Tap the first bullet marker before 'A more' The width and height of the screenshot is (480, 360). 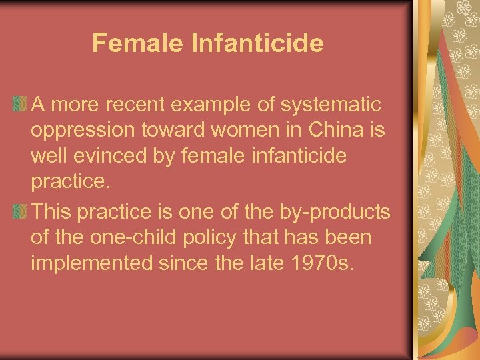[x=21, y=104]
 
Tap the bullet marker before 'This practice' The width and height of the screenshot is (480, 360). [x=21, y=212]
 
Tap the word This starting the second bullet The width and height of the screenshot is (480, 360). [x=54, y=213]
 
